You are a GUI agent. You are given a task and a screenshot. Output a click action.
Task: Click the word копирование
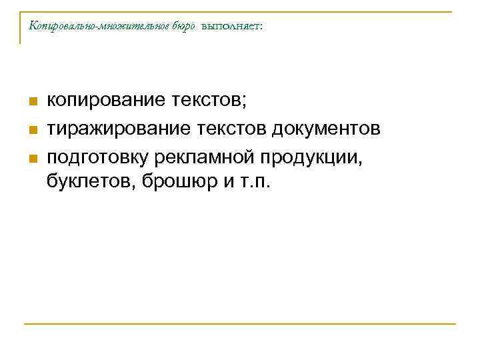click(105, 101)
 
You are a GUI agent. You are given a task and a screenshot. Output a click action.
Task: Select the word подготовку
click(98, 155)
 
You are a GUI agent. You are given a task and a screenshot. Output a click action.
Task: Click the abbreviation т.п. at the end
click(251, 183)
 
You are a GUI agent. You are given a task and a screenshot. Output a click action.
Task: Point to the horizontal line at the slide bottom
click(240, 325)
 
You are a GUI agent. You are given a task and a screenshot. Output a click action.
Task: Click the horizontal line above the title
click(240, 11)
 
